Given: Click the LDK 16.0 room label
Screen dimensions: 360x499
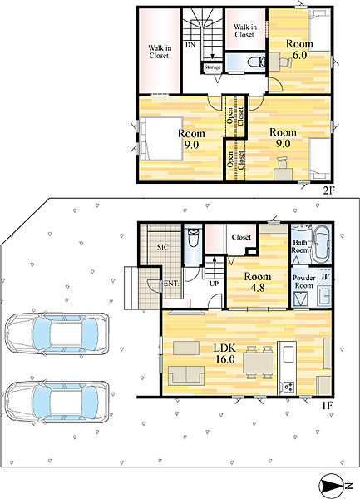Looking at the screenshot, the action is click(225, 353).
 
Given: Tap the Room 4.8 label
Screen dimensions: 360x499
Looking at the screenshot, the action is click(258, 282).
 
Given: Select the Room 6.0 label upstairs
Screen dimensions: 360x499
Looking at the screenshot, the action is click(299, 49).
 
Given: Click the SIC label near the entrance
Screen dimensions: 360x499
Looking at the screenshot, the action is click(163, 247).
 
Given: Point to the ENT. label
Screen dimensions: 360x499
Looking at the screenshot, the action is click(171, 284).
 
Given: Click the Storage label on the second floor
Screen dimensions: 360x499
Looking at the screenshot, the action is click(213, 67).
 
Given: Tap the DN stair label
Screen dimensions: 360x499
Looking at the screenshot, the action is click(190, 45).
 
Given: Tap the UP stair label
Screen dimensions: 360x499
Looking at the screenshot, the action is click(214, 283).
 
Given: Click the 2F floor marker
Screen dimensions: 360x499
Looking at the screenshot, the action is click(328, 190).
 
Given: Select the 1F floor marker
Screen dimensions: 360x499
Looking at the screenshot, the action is click(327, 406).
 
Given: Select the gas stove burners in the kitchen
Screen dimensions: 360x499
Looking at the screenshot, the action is click(288, 387).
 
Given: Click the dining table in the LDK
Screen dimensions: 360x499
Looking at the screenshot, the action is click(259, 363).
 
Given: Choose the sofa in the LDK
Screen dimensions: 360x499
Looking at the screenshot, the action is click(186, 375).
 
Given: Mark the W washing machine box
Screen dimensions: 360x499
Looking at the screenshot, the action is click(324, 277).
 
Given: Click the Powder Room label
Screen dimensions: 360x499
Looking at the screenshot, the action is click(304, 282).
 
